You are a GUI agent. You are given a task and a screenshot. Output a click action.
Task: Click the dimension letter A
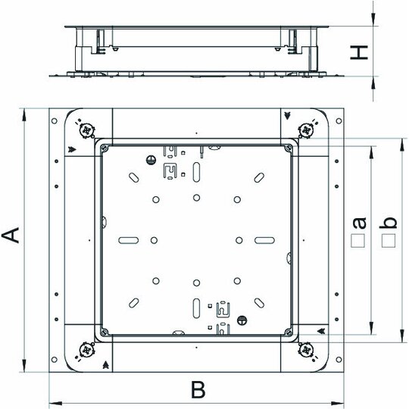[x=11, y=235]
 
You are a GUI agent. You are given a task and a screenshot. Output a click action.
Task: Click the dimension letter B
[x=198, y=390]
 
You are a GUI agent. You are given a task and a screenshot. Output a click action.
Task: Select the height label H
[x=359, y=52]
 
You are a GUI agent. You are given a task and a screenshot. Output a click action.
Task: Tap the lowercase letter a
[x=360, y=223]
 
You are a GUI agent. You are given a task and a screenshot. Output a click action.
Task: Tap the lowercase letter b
[x=388, y=223]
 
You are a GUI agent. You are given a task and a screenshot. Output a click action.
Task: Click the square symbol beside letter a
[x=357, y=241]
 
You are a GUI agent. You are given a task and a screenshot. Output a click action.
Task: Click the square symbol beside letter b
[x=389, y=241]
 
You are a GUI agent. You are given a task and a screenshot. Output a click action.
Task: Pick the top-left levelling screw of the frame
[x=86, y=130]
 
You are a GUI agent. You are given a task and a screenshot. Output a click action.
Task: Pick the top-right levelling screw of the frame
[x=306, y=130]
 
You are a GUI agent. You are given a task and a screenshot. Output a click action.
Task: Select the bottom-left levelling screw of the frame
[x=86, y=350]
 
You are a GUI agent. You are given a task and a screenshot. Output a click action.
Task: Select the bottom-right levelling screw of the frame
[x=306, y=350]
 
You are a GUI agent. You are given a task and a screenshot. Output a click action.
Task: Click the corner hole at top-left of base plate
[x=55, y=120]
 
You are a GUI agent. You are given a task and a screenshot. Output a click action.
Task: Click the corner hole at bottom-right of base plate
[x=339, y=360]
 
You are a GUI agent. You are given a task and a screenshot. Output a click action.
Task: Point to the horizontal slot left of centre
[x=128, y=240]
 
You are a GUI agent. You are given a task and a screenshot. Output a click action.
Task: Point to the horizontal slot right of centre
[x=264, y=240]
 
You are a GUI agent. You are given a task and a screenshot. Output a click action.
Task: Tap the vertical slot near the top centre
[x=196, y=172]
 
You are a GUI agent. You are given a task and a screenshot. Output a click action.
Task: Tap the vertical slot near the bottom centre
[x=196, y=308]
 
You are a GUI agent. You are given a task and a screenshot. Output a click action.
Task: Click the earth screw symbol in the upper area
[x=151, y=160]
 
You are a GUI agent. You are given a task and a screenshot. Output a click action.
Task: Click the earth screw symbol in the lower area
[x=242, y=320]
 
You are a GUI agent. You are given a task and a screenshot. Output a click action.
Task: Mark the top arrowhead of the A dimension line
[x=24, y=115]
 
